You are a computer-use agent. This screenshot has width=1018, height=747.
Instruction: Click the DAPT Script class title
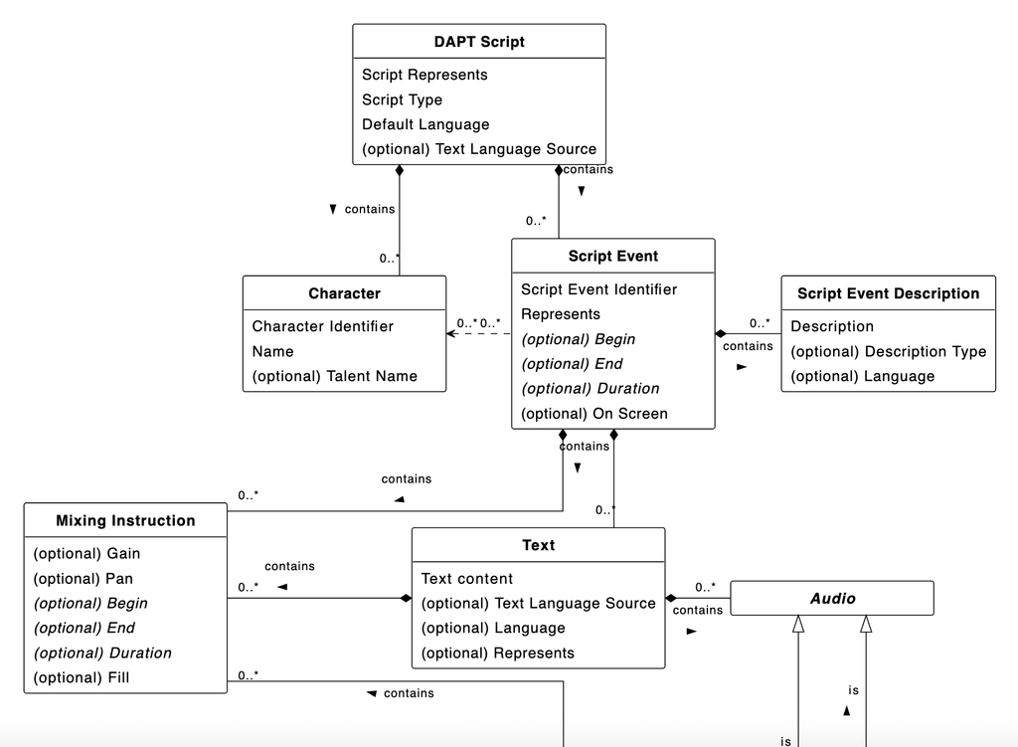coord(479,42)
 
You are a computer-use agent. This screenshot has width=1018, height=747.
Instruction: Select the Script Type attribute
coord(402,99)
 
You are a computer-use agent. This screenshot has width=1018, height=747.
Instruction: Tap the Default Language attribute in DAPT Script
coord(425,124)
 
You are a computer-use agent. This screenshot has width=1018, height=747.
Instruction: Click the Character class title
coord(344,293)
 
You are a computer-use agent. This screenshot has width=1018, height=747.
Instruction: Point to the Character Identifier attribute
coord(322,326)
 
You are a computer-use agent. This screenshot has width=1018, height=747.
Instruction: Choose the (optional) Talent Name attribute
coord(334,376)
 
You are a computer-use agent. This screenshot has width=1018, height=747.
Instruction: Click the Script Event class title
coord(612,256)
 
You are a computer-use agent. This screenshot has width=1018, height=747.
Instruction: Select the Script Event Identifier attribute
coord(598,289)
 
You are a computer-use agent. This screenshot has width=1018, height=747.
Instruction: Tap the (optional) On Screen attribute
coord(594,414)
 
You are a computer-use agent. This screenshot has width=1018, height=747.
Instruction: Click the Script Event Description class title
coord(888,293)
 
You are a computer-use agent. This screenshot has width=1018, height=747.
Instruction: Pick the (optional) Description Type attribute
coord(888,351)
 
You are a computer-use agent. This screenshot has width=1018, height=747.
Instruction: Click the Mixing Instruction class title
coord(125,520)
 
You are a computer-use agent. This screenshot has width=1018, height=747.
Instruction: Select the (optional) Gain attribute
coord(86,554)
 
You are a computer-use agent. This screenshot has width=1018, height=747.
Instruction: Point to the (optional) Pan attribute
coord(83,579)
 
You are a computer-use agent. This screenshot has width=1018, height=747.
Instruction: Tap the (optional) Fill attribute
coord(82,678)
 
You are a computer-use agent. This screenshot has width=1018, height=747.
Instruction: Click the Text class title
coord(538,545)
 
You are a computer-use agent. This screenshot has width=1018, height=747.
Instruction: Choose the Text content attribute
coord(466,579)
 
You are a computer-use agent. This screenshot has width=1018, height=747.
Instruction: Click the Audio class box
coord(832,599)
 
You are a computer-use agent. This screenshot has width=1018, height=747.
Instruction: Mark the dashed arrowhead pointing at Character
coord(451,333)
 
